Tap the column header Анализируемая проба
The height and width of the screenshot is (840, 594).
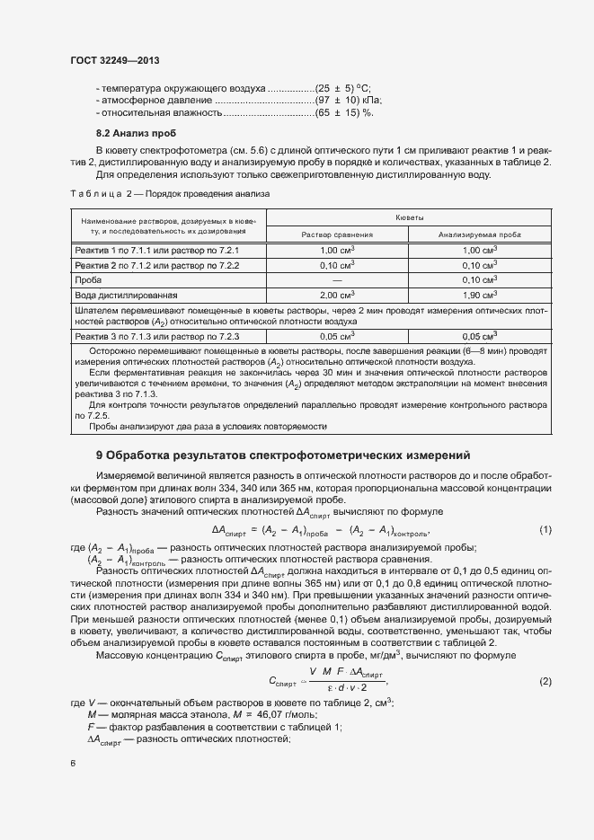tap(479, 234)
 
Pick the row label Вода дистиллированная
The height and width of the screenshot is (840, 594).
tap(126, 295)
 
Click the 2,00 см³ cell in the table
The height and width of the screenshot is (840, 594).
tap(337, 295)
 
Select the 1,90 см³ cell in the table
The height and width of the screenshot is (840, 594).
tap(479, 295)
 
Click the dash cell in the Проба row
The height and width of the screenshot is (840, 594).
tap(337, 279)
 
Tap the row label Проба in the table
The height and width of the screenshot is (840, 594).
tap(89, 279)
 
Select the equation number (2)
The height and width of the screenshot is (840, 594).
tap(545, 681)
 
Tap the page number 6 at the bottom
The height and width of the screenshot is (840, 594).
tap(73, 763)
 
